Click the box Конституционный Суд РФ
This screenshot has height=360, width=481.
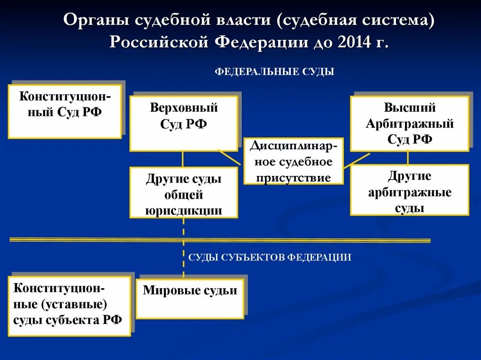[x=65, y=111]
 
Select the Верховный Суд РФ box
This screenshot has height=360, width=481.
[x=184, y=123]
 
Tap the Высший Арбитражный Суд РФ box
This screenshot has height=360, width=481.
[x=409, y=123]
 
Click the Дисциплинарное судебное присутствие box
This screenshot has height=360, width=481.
[x=294, y=161]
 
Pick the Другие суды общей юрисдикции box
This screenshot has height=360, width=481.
[x=184, y=193]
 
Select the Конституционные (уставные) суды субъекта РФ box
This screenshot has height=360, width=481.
[x=69, y=306]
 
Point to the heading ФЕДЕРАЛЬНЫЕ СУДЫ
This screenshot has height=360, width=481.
[x=274, y=72]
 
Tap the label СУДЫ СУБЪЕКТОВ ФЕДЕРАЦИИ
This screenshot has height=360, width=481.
[x=270, y=257]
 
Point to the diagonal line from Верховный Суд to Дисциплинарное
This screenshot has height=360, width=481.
[x=230, y=157]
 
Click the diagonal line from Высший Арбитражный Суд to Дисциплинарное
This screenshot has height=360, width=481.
[x=356, y=161]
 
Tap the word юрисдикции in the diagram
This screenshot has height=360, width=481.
[x=184, y=210]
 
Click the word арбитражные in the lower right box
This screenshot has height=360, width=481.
[x=410, y=191]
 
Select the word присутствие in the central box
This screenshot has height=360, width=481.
[x=294, y=177]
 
